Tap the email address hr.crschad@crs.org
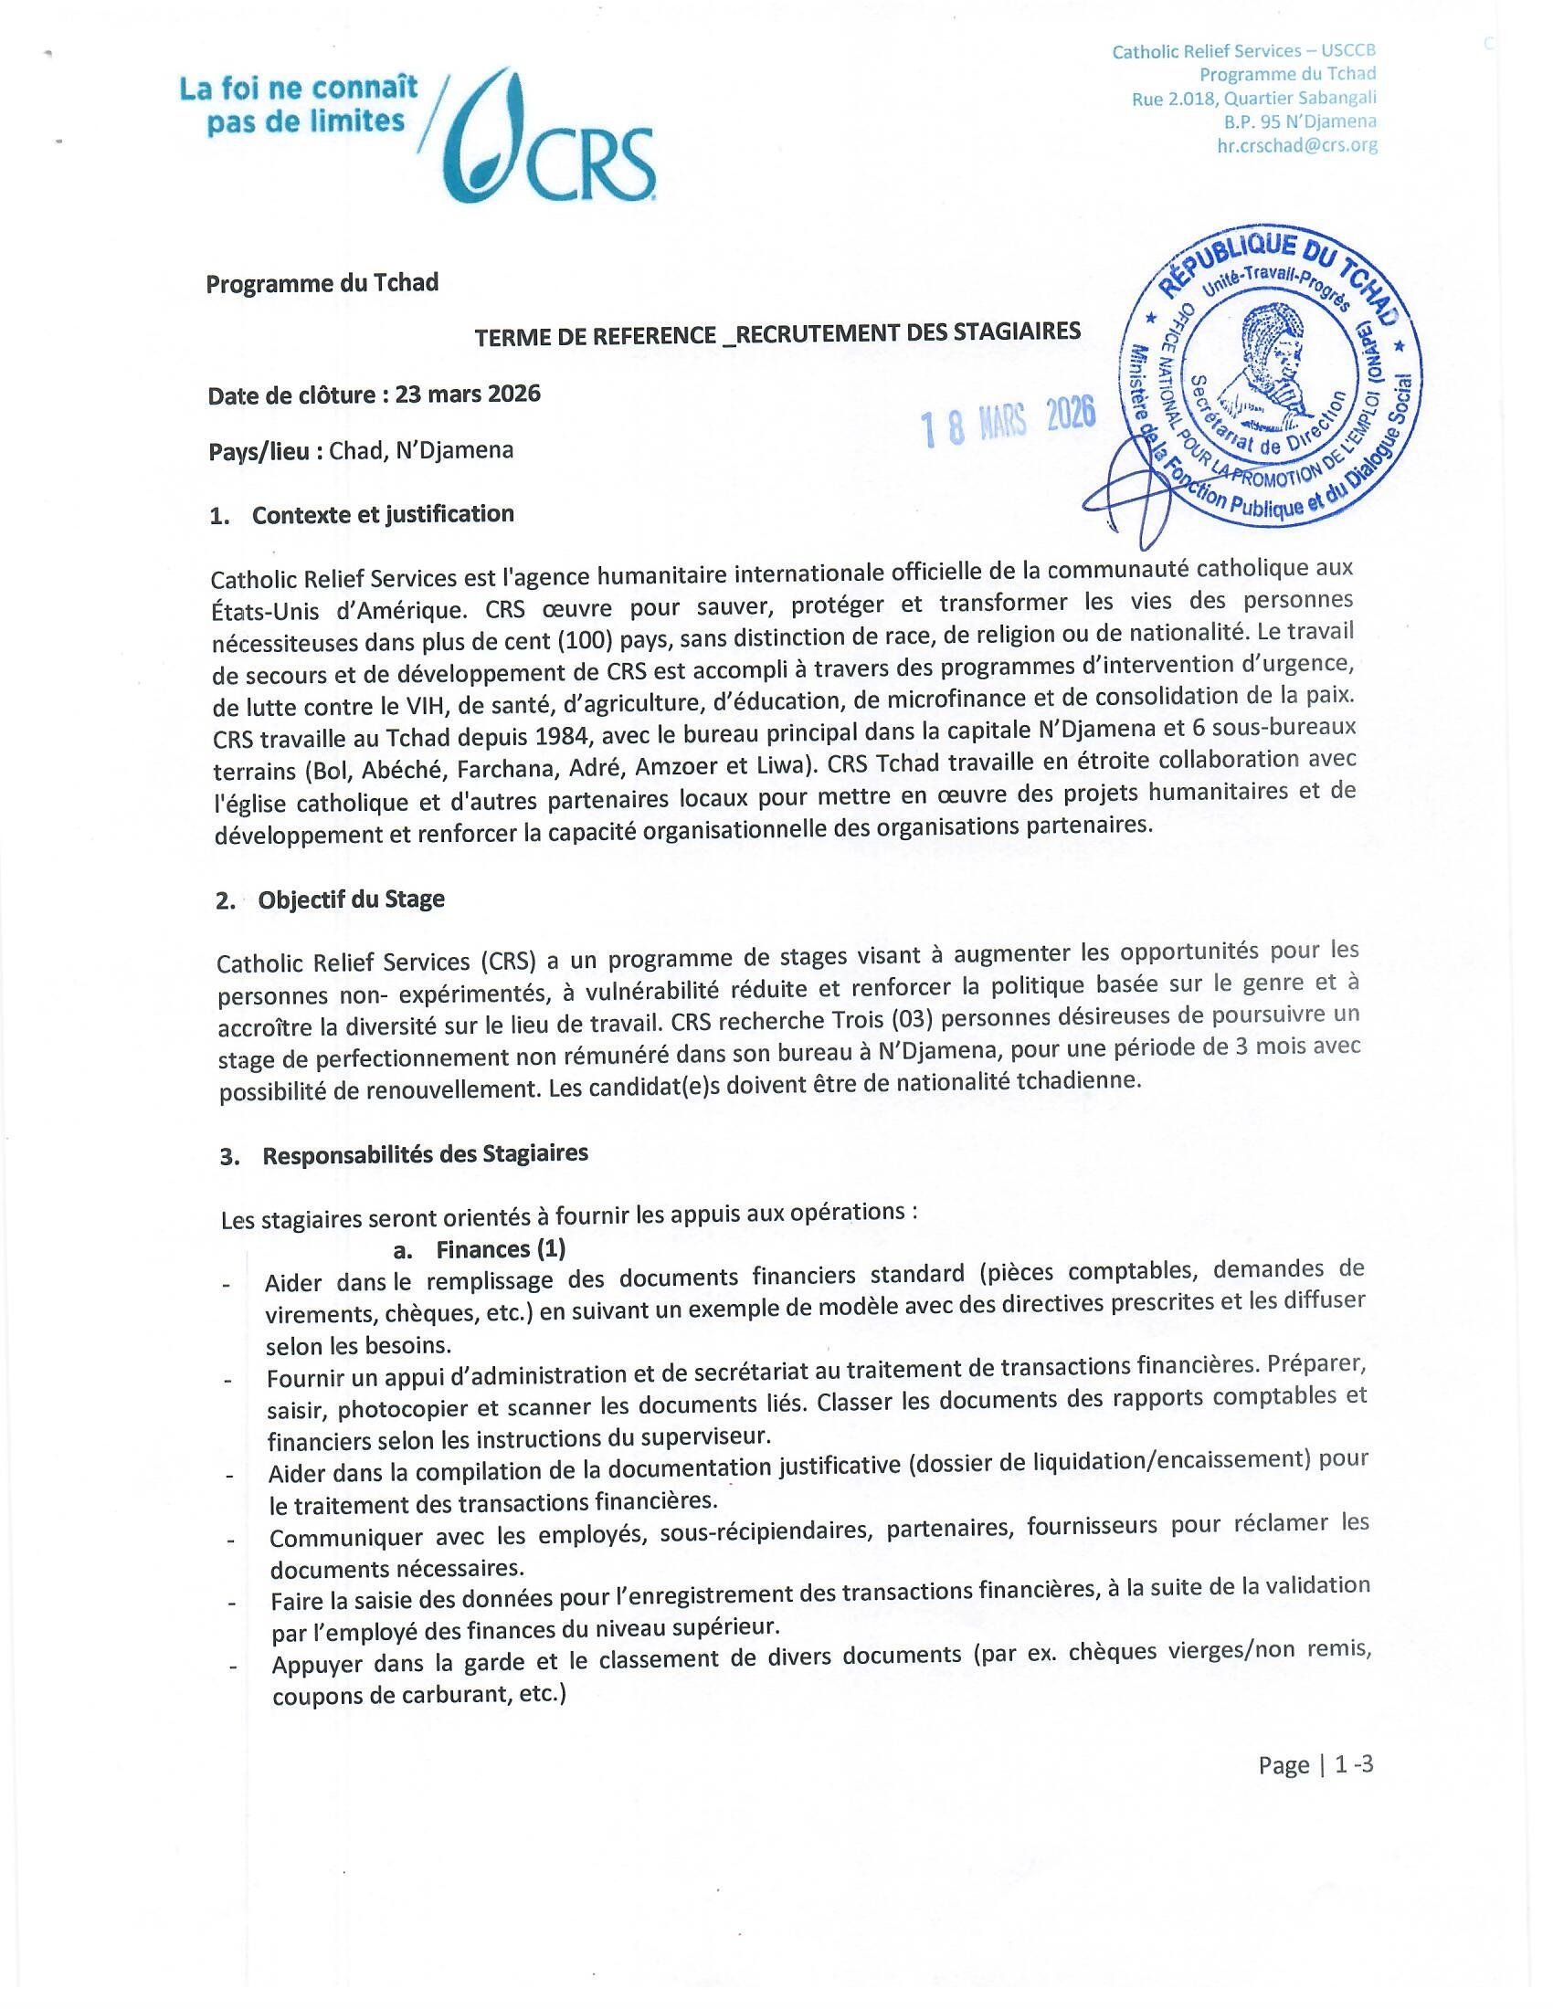coord(1296,145)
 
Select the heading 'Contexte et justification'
coord(383,514)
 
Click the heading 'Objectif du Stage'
coord(352,899)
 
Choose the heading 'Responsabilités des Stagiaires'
coord(425,1154)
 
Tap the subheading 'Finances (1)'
coord(501,1249)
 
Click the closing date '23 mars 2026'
coord(468,394)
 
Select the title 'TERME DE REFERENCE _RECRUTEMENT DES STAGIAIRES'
coord(777,335)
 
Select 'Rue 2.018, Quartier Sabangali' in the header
coord(1254,99)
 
